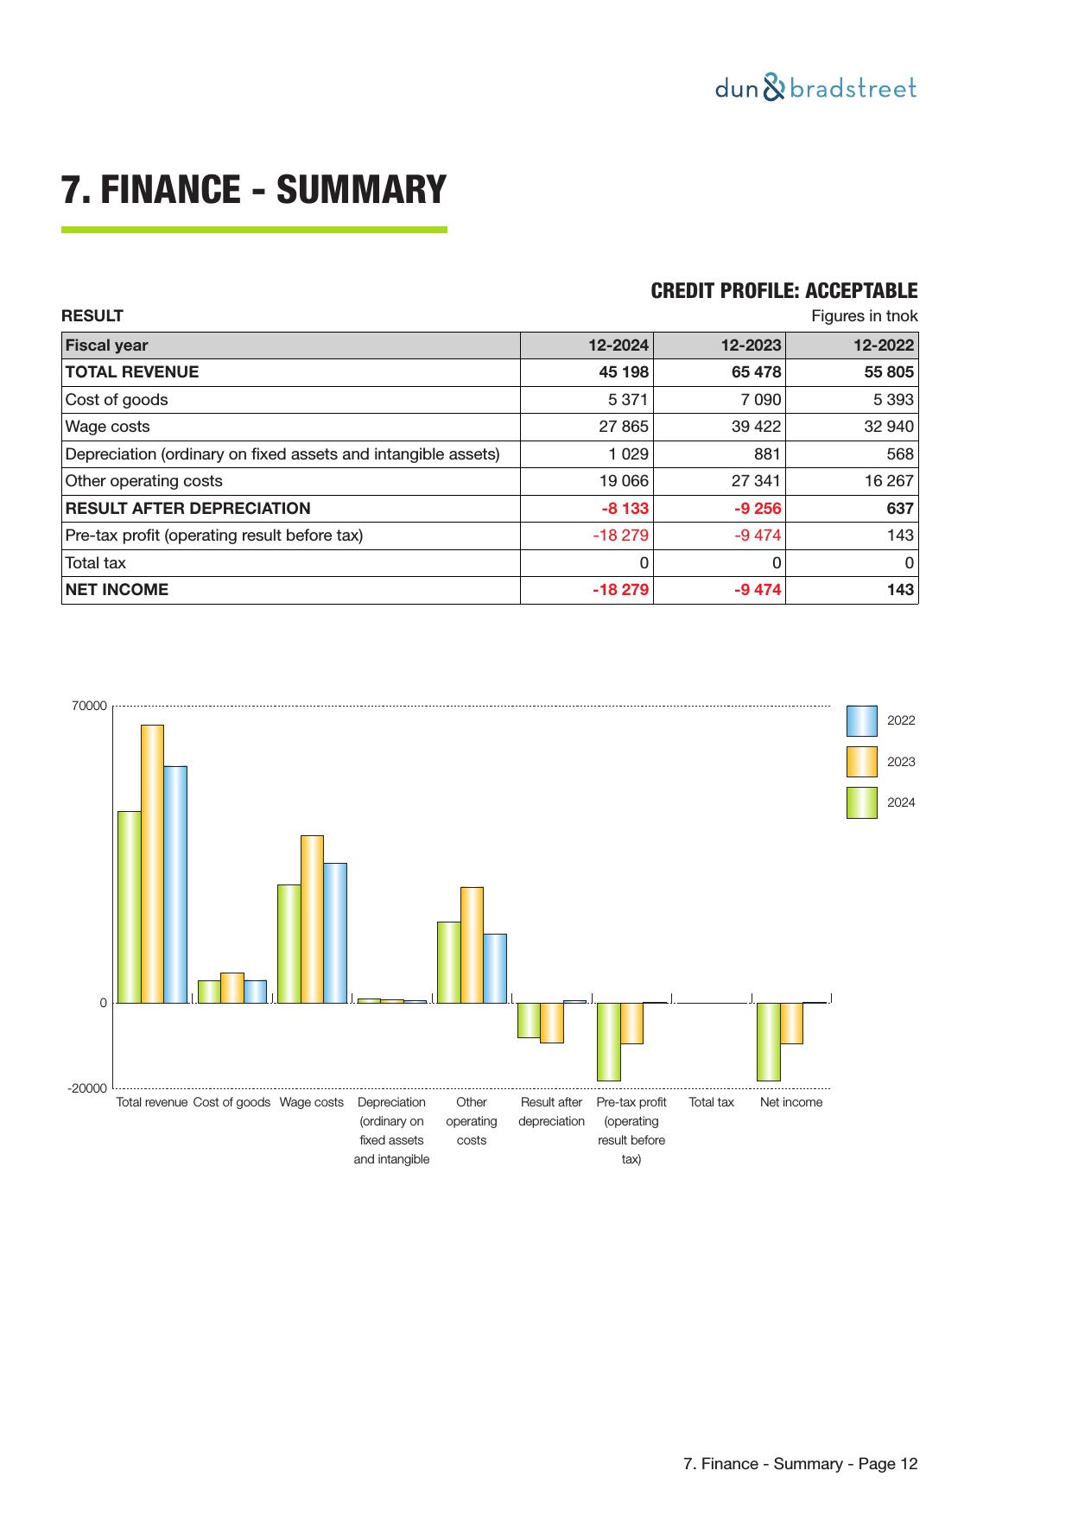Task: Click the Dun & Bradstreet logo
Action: (x=815, y=89)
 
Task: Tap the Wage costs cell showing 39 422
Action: (x=756, y=427)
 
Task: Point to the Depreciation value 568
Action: (x=899, y=454)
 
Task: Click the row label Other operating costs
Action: (x=144, y=481)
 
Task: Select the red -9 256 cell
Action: (x=757, y=509)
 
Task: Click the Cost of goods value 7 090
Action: (x=761, y=400)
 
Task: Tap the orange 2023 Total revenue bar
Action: (x=152, y=864)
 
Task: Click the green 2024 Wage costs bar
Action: (x=289, y=943)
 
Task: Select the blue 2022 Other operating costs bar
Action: (x=495, y=968)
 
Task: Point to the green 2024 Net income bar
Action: (x=768, y=1042)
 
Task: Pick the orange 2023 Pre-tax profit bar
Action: (x=631, y=1024)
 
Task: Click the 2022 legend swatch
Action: (x=861, y=720)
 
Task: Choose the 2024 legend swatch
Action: (x=861, y=802)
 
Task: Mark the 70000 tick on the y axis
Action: (x=89, y=706)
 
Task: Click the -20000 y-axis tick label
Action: (x=87, y=1088)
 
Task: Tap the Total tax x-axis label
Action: (x=711, y=1102)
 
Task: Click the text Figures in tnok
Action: (x=864, y=316)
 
